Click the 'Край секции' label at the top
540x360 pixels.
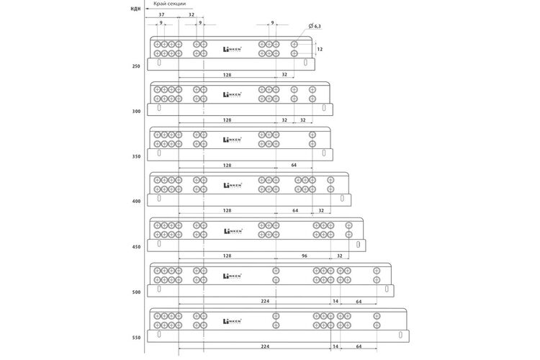pos(169,4)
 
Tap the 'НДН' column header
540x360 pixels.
pos(135,9)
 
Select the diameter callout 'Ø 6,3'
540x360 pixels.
pos(315,26)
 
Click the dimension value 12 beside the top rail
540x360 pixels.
pos(320,49)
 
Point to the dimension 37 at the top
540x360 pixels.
pos(161,15)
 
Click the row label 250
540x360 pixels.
pos(136,66)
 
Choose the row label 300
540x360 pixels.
pos(136,112)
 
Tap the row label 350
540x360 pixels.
pos(136,157)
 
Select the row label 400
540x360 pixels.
pos(136,202)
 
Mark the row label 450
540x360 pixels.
pos(136,247)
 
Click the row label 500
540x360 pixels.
pos(136,292)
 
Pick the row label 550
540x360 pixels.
pos(136,338)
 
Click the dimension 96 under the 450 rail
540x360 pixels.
pos(304,256)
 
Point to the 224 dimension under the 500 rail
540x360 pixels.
pos(265,301)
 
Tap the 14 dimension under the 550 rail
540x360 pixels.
pos(336,346)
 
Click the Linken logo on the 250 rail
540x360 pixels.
pos(233,49)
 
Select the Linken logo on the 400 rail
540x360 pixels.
pos(233,185)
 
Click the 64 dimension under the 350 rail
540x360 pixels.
pos(294,166)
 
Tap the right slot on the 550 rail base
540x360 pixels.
pos(400,335)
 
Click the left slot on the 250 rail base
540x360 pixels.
pos(159,63)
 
